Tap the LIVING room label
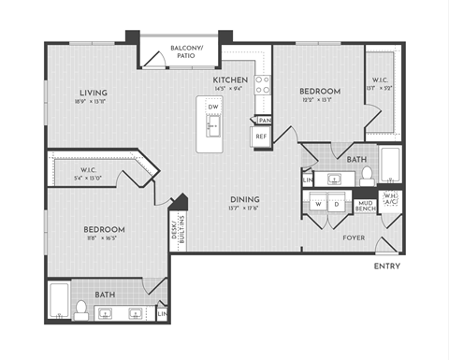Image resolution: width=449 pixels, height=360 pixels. point(93,93)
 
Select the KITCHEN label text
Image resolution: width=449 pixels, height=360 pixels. point(230,80)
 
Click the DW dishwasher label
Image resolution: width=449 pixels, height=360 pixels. point(212,108)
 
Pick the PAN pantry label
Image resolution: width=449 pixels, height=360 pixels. point(265,120)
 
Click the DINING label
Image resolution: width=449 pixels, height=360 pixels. point(245,199)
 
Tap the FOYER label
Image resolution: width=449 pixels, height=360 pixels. point(355,238)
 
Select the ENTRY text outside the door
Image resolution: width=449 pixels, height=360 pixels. point(387,266)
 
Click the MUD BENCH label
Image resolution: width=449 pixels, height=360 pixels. point(366,206)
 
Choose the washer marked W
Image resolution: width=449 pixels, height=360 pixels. point(319,204)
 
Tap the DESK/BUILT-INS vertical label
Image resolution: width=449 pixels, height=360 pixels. point(178,232)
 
